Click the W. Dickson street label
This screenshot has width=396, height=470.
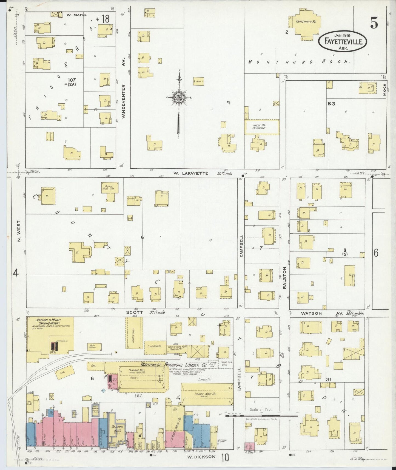click(x=201, y=457)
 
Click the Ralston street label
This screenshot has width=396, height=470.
click(x=284, y=278)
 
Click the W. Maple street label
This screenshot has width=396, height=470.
click(x=76, y=15)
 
